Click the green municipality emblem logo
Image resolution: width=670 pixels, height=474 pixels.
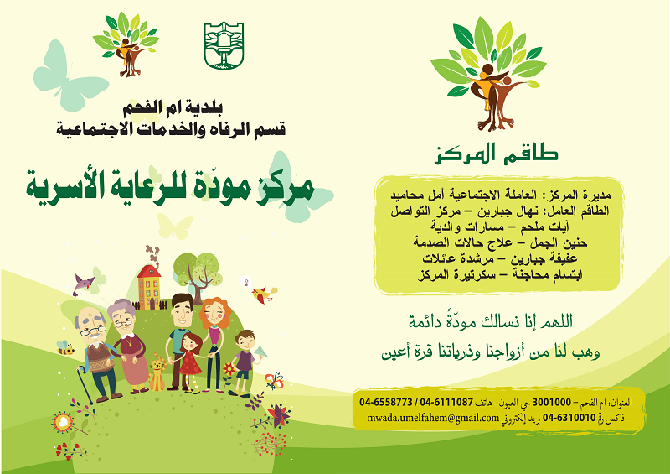click(x=224, y=45)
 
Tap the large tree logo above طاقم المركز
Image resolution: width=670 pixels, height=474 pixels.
click(x=488, y=74)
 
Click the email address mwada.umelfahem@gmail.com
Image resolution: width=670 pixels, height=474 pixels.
click(x=433, y=418)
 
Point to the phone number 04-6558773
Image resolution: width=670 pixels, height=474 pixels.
click(x=386, y=402)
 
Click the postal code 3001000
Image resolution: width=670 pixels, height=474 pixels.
click(x=551, y=402)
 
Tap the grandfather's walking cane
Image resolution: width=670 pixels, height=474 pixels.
click(x=85, y=384)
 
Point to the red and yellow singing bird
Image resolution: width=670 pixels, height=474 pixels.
click(x=264, y=294)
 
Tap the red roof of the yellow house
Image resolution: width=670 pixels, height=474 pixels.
click(x=149, y=272)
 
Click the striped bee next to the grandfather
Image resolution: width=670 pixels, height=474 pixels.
click(x=64, y=347)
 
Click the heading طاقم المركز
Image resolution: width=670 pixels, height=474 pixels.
click(x=496, y=154)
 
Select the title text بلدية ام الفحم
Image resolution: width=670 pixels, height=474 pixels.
click(x=173, y=109)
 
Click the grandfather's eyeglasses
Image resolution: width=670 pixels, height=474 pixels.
click(x=93, y=331)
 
